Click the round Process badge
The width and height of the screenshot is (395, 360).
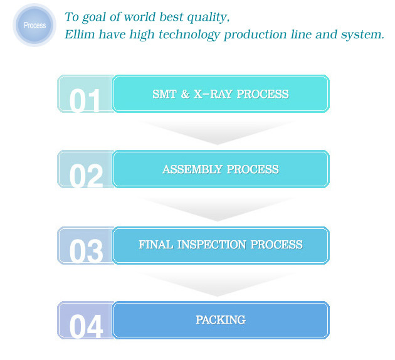pos(34,25)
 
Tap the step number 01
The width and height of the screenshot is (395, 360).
pos(85,100)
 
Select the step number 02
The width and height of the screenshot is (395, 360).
pos(86,176)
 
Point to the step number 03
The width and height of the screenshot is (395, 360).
pos(86,251)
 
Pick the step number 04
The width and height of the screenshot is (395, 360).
pos(86,327)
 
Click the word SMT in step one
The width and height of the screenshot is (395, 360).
pos(164,94)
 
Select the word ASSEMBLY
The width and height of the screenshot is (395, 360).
pos(192,169)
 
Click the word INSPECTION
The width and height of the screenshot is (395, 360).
pos(212,245)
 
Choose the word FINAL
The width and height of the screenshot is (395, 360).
pos(156,245)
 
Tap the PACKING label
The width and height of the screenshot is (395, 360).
pos(221,320)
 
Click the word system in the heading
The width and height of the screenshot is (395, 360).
pos(362,35)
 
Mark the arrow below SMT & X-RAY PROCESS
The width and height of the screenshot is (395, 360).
pos(217,133)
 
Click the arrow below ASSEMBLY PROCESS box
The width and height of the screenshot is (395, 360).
pos(217,209)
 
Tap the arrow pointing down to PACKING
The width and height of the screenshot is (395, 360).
pos(217,284)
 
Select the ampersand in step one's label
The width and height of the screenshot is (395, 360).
pos(185,94)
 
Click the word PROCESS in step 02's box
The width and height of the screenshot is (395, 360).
pos(253,169)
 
